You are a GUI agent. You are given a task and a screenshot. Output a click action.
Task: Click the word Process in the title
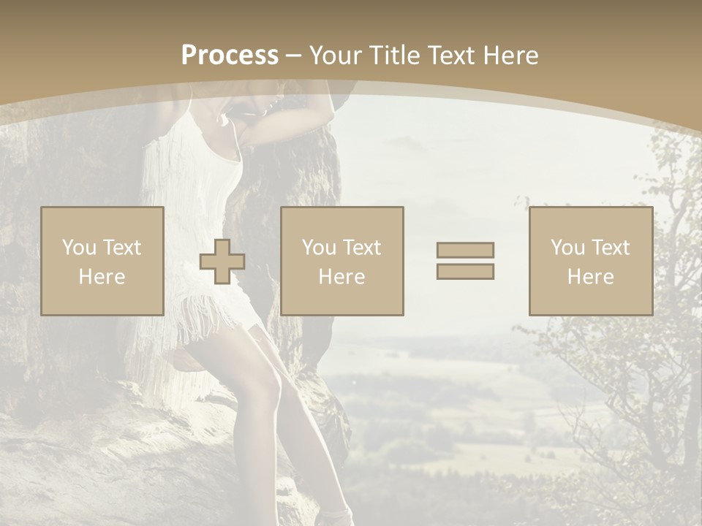[x=230, y=56]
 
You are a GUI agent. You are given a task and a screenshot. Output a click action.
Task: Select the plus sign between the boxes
[x=222, y=262]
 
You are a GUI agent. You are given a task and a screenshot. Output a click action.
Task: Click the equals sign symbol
[x=465, y=261]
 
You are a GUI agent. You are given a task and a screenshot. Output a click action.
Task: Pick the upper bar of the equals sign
[x=465, y=250]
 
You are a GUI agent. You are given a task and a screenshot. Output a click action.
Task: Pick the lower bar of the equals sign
[x=465, y=272]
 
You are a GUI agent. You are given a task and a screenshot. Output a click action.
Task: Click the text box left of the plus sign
[x=102, y=262]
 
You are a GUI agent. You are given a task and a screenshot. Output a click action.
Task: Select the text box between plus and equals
[x=341, y=262]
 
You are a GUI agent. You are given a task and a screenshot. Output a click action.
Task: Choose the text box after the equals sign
[x=590, y=262]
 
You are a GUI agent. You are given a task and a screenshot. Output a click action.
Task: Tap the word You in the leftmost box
[x=79, y=248]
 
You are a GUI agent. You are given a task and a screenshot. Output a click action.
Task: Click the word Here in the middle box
[x=341, y=277]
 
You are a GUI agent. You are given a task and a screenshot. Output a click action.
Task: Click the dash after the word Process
[x=294, y=56]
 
